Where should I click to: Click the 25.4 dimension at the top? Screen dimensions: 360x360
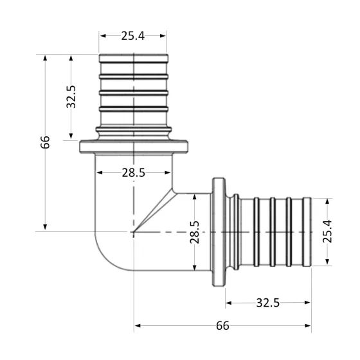point(132,36)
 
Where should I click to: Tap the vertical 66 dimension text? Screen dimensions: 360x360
point(45,142)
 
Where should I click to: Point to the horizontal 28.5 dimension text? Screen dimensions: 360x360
point(132,173)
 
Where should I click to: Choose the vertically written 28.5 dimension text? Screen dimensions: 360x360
point(194,233)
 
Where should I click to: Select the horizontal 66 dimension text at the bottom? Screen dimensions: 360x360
point(222,326)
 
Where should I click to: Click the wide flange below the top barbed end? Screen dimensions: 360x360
point(133,147)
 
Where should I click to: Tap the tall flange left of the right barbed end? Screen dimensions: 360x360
point(219,231)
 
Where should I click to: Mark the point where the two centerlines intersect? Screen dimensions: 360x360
point(133,231)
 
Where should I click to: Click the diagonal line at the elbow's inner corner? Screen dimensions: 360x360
point(154,212)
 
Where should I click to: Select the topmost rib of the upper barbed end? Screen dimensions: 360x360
point(133,60)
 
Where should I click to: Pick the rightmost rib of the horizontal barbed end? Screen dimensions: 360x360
point(307,231)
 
